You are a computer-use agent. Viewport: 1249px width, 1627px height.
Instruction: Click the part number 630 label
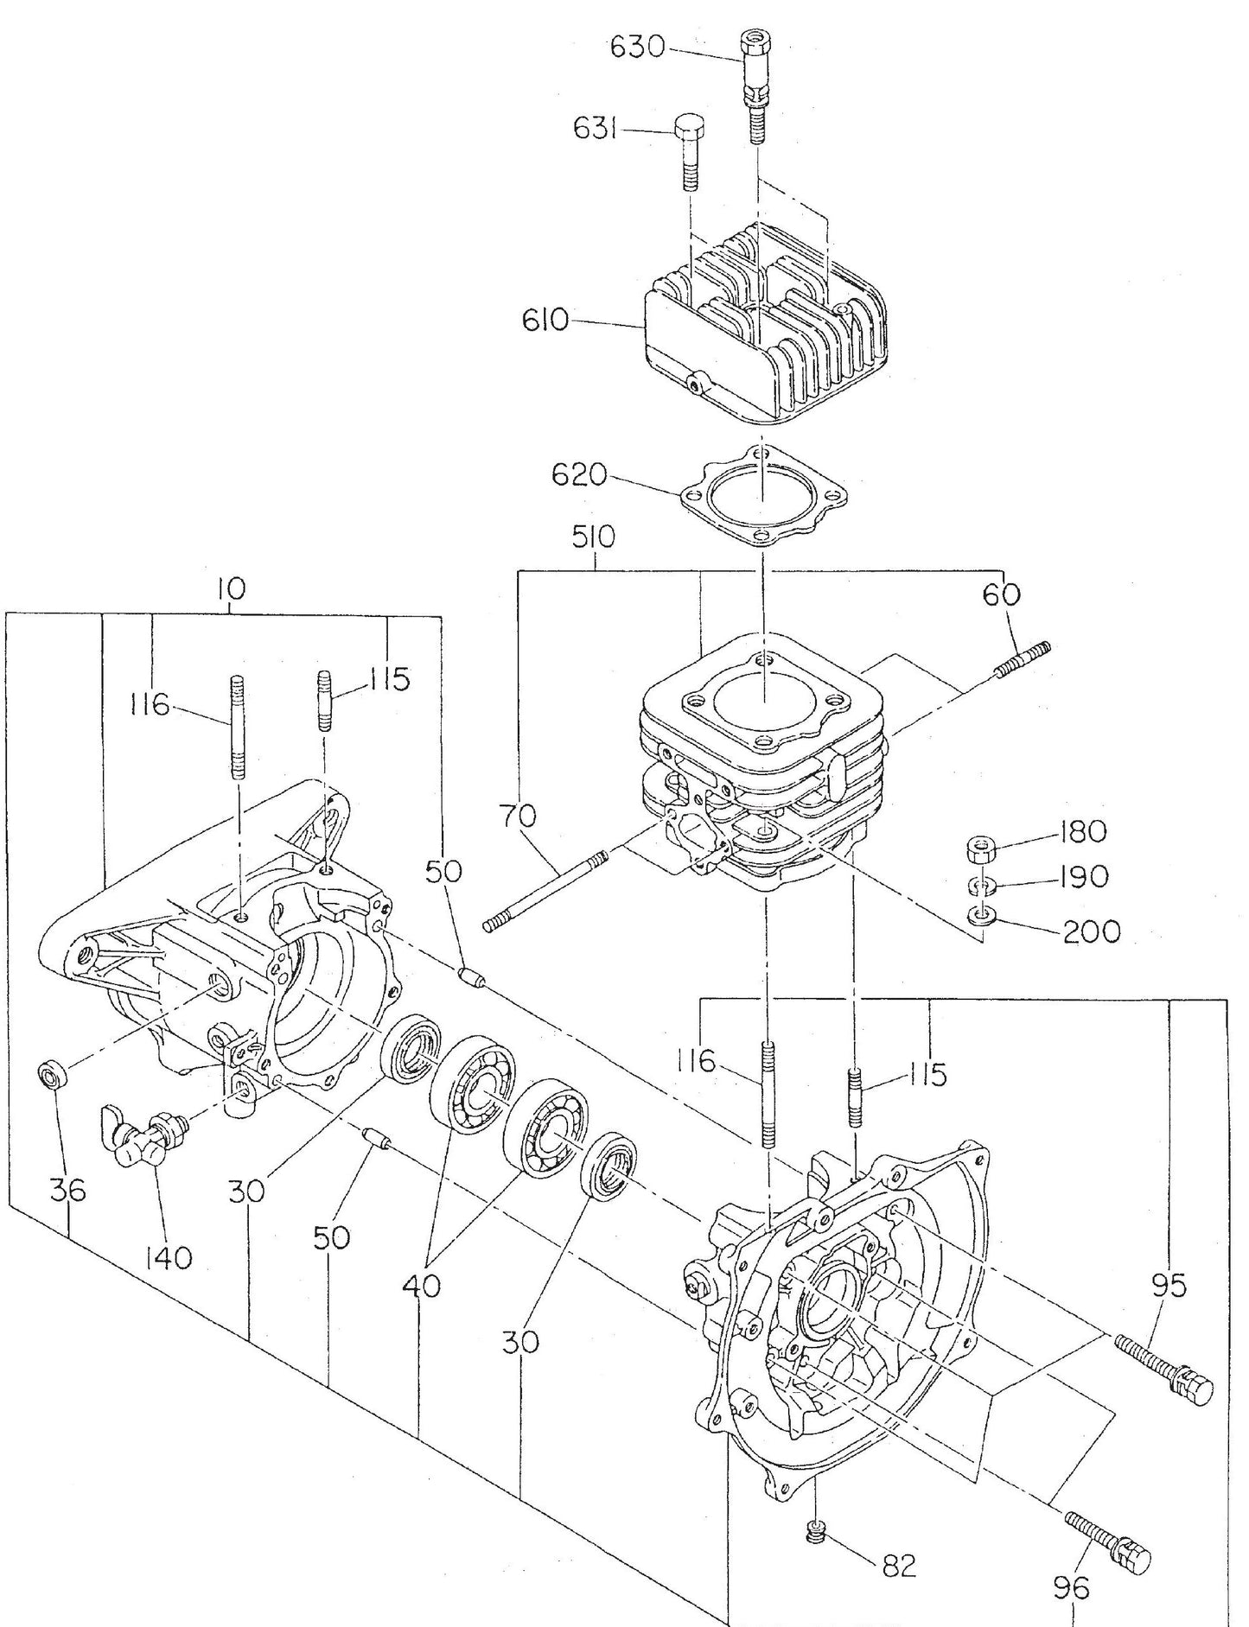tap(638, 48)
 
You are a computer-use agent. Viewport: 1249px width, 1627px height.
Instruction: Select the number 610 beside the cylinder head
tap(545, 321)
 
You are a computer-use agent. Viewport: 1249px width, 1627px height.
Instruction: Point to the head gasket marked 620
tap(761, 498)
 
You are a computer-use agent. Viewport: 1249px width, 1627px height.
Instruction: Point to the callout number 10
tap(231, 589)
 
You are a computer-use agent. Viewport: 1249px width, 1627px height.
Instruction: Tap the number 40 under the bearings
tap(421, 1286)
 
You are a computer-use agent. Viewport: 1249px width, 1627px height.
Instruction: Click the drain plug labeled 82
tap(815, 1533)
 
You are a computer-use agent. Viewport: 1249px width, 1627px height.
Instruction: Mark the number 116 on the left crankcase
tap(150, 707)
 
